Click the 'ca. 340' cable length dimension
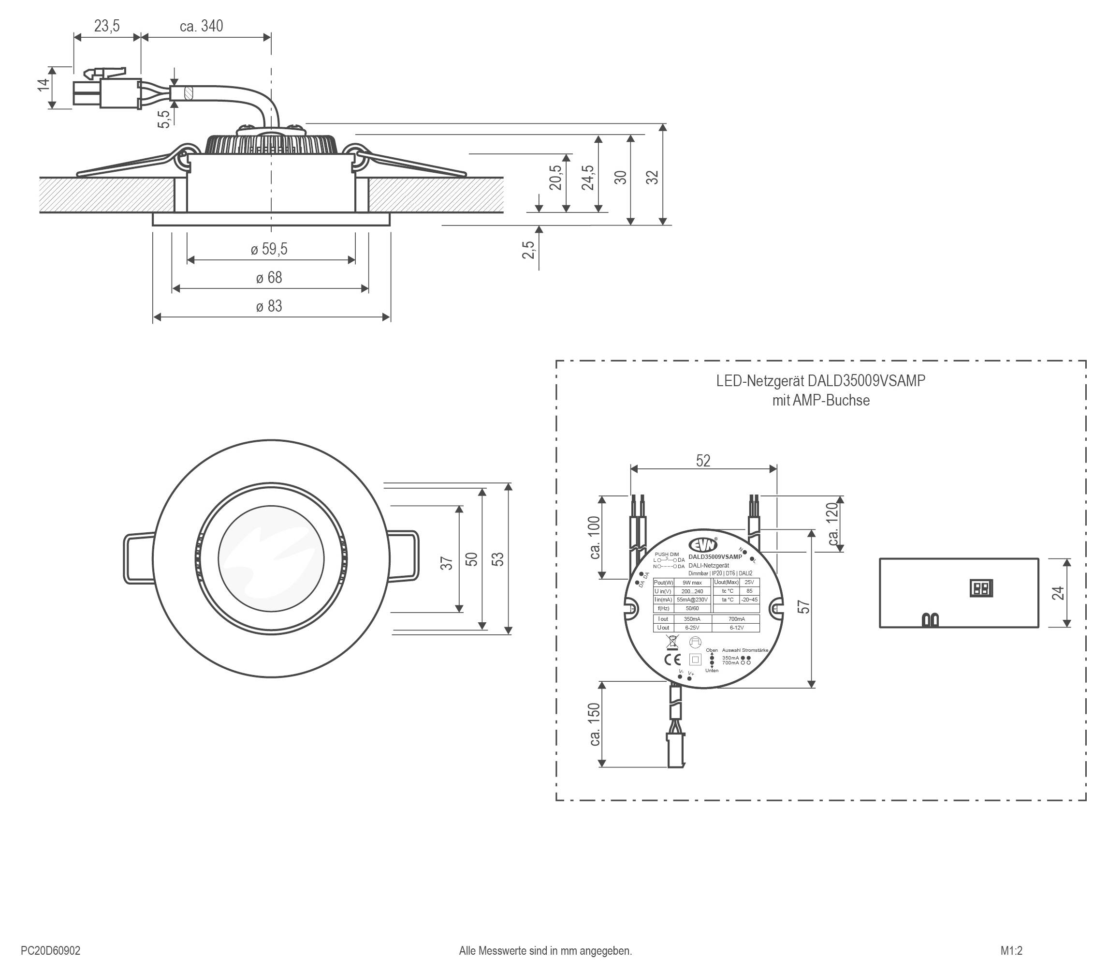[x=201, y=26]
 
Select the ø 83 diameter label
[x=269, y=306]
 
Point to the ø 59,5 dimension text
[x=269, y=250]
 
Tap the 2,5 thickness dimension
[x=528, y=250]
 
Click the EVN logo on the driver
[x=703, y=545]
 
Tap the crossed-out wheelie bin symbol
[x=671, y=642]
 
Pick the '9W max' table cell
[x=692, y=583]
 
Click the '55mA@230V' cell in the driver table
[x=692, y=600]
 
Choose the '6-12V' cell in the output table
[x=736, y=628]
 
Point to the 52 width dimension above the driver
[x=703, y=461]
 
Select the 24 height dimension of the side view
[x=1058, y=593]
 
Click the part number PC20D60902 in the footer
[x=50, y=950]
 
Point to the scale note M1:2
[x=1011, y=950]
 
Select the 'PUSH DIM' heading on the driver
[x=667, y=555]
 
